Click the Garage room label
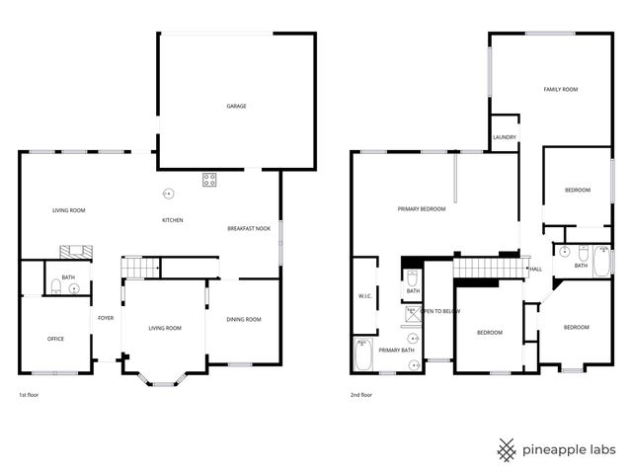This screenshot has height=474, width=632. coord(236,106)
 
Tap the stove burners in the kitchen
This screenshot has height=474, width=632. coord(210,179)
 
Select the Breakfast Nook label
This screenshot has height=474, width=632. coord(249,228)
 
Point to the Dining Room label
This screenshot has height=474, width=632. coord(244,319)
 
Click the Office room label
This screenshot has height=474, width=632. coord(55,339)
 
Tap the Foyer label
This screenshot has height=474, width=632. coord(106,319)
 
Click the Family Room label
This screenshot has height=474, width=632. coord(560,90)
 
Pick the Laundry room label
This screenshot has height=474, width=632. coord(505,138)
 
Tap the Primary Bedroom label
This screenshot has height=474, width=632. coord(422,209)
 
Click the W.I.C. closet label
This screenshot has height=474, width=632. coord(363,296)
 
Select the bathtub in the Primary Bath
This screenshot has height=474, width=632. coord(361,355)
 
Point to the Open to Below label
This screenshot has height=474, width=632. coord(440,311)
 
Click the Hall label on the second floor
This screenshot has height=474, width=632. coord(535,269)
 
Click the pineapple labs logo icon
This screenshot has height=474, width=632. coord(508,449)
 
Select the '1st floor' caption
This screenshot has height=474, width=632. coord(29,394)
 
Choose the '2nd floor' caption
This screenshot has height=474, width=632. coord(361,394)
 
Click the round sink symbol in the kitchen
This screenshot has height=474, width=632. coord(169,193)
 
